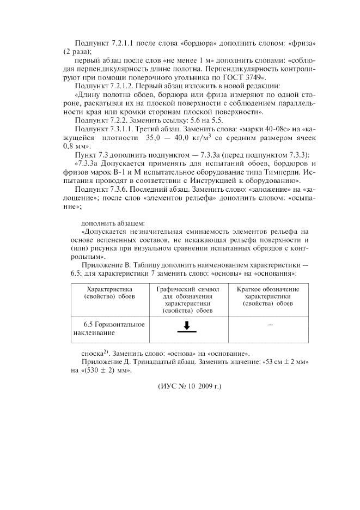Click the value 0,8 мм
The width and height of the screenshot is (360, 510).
pyautogui.click(x=78, y=147)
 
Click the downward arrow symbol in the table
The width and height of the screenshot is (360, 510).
pyautogui.click(x=187, y=326)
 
